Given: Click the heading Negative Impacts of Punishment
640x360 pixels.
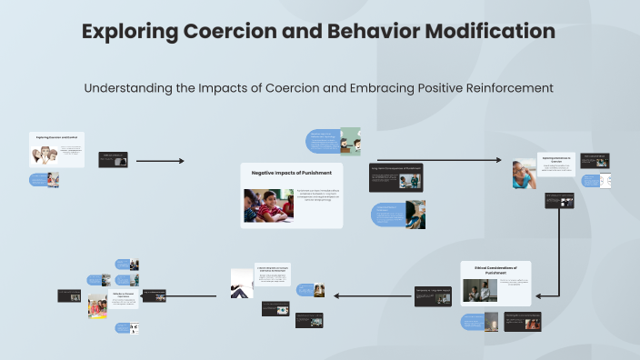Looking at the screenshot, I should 292,172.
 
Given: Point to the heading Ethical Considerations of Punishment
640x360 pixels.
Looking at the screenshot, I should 495,268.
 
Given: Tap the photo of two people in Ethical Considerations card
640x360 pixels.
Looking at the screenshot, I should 479,290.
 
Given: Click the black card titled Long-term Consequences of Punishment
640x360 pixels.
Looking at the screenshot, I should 396,177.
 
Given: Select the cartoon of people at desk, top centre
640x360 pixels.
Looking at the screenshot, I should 350,142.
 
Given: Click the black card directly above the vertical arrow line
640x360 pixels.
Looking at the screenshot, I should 559,201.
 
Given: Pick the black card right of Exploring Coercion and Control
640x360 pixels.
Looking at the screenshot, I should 113,160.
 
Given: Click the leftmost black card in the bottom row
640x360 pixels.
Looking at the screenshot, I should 69,295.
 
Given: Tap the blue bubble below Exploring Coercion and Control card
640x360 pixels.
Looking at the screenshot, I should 38,180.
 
